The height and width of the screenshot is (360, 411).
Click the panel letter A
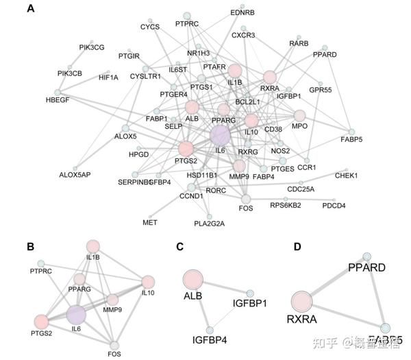tap(31, 10)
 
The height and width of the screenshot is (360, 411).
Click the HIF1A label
tap(109, 77)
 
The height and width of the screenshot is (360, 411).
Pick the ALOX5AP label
tap(75, 175)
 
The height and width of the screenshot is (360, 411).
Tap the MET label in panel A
tap(150, 223)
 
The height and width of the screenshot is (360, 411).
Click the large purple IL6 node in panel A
tap(221, 135)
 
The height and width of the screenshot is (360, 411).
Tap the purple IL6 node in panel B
tap(75, 315)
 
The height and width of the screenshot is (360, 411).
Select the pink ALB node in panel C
tap(193, 279)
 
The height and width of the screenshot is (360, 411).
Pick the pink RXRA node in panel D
tap(302, 302)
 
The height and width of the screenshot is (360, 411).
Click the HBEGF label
tap(58, 99)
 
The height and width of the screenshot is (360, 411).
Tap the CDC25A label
tap(301, 189)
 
